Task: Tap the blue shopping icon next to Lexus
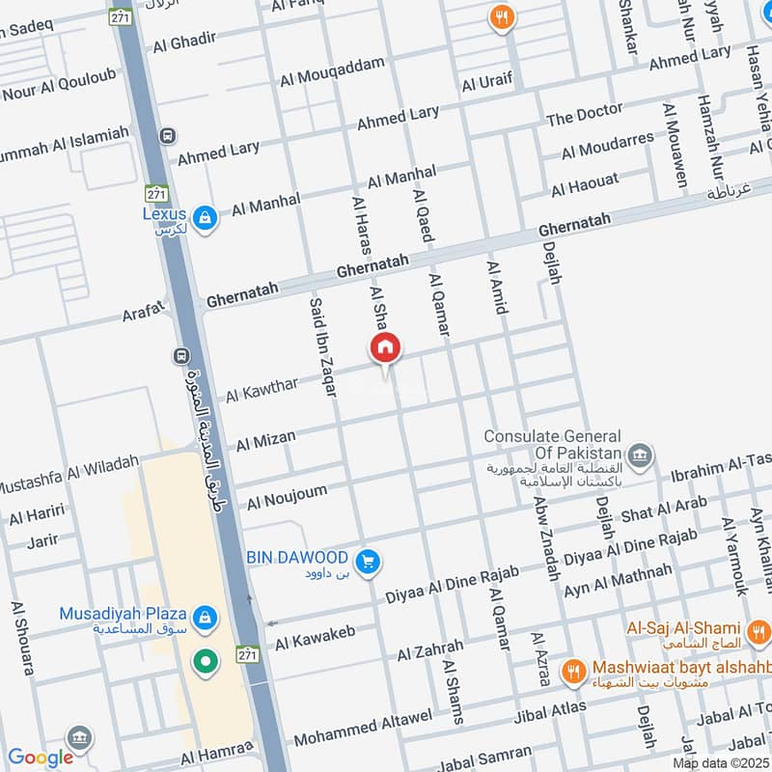pos(205,219)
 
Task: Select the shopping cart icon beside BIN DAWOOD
pos(367,561)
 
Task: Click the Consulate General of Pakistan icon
pos(639,455)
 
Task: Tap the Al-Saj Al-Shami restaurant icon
pos(758,633)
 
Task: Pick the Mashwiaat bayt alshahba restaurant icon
pos(574,670)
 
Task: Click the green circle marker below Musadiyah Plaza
pos(205,662)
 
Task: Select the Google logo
pos(41,758)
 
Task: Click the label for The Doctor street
pos(585,115)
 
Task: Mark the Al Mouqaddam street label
pos(332,72)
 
